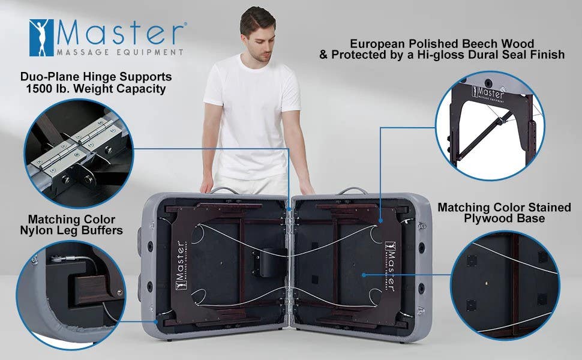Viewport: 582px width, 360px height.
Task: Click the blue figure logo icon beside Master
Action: (x=41, y=37)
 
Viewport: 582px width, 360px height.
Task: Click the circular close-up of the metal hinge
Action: (x=79, y=153)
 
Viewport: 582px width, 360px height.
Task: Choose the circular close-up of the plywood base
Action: (x=505, y=285)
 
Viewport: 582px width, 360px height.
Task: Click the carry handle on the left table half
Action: (x=224, y=191)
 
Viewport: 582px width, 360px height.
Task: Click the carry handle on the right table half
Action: (x=352, y=191)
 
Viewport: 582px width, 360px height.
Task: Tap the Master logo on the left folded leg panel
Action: (x=181, y=265)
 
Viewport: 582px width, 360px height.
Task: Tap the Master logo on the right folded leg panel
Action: (x=391, y=266)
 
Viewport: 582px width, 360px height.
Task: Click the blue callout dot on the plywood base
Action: (x=364, y=275)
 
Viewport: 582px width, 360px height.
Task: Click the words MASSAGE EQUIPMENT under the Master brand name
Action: (x=120, y=52)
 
